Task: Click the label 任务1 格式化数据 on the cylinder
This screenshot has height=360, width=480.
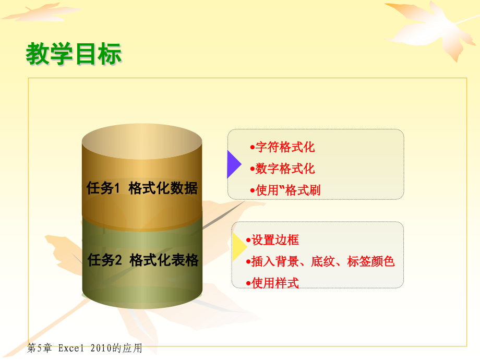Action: click(x=142, y=188)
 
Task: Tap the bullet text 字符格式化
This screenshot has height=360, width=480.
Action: click(x=285, y=147)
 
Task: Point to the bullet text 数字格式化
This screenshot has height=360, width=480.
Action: click(x=285, y=169)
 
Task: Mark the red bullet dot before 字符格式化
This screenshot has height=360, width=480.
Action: click(x=253, y=147)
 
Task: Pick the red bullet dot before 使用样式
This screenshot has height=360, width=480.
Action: click(x=248, y=283)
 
